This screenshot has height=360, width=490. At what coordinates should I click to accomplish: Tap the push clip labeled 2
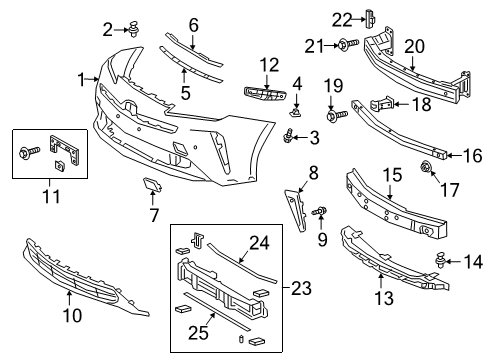pyautogui.click(x=132, y=29)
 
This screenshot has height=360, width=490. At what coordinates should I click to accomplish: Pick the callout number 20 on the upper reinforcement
pyautogui.click(x=415, y=46)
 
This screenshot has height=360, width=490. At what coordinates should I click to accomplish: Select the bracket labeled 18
pyautogui.click(x=386, y=102)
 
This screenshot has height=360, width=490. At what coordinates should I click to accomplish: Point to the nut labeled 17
pyautogui.click(x=425, y=166)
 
